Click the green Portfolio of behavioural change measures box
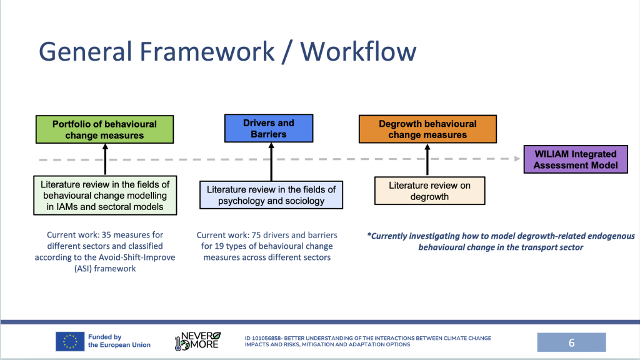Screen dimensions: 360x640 tap(104, 129)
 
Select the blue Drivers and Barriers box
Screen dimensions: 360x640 tap(268, 129)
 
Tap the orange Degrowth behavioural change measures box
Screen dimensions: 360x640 tap(427, 129)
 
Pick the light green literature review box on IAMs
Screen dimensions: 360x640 tap(105, 196)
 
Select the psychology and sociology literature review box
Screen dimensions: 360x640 tap(271, 195)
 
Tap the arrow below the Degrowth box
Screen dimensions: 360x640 tap(428, 159)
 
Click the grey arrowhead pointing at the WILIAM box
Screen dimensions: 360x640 tap(517, 159)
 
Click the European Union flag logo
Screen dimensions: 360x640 tap(70, 341)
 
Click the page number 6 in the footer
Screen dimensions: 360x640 tap(571, 342)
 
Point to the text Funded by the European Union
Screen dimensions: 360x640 tap(119, 341)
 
